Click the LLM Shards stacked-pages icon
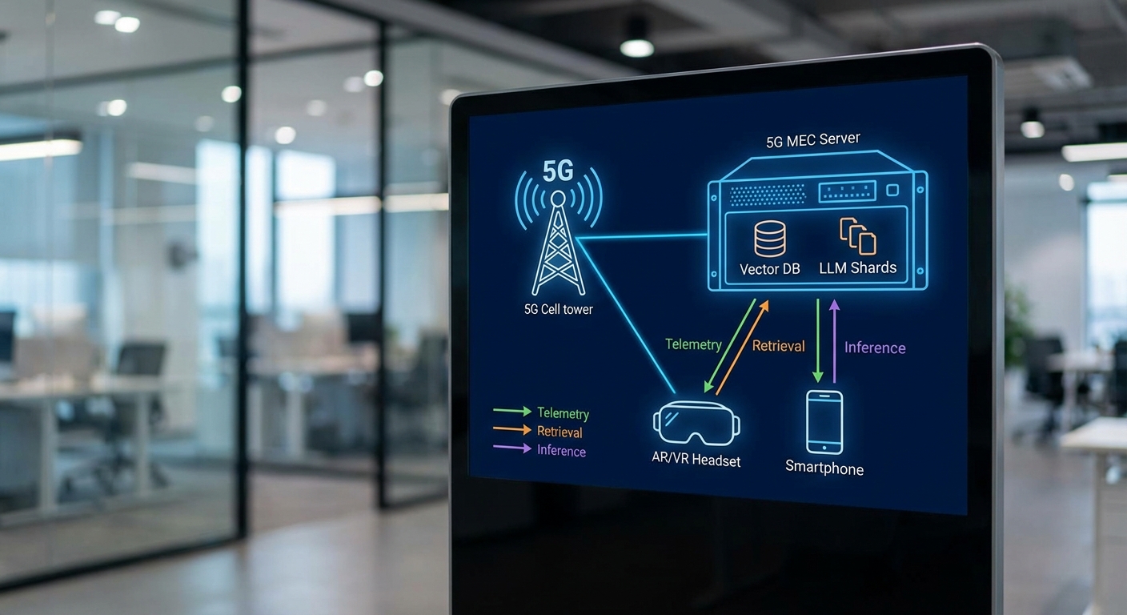coord(857,236)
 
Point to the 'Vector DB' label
coord(770,270)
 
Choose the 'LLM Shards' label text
coord(857,267)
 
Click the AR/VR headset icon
coord(696,422)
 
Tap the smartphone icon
coord(824,422)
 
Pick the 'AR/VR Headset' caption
coord(696,460)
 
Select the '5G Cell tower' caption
coord(558,308)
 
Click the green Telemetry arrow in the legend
coord(512,412)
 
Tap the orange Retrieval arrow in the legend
coord(512,430)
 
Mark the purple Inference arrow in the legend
coord(512,448)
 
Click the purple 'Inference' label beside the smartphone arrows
coord(875,348)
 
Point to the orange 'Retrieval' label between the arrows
coord(778,346)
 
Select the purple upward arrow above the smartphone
coord(834,340)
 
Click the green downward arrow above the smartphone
coord(817,340)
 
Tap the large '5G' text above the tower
coord(558,172)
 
